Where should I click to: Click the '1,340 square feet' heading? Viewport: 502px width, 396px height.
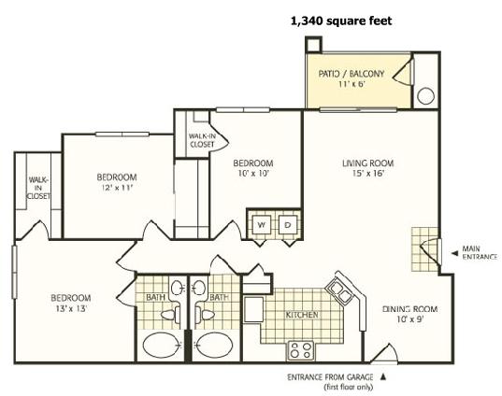(x=341, y=21)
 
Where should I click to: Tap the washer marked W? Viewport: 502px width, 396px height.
(x=262, y=225)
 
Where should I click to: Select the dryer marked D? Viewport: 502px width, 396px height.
(x=288, y=225)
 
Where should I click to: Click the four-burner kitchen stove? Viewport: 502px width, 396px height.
(x=300, y=350)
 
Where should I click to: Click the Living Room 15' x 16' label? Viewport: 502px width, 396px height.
(x=368, y=168)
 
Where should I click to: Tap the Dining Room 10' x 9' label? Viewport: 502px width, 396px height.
(x=409, y=314)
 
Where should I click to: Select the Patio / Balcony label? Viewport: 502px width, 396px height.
(x=351, y=78)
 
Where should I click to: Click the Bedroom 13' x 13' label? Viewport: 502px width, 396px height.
(x=71, y=303)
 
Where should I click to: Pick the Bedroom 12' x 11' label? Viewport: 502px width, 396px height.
(x=117, y=182)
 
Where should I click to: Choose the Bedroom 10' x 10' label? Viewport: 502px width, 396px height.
(x=253, y=168)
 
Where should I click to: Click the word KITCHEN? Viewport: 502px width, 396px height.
(x=302, y=315)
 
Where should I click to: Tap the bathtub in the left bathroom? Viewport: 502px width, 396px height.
(x=161, y=346)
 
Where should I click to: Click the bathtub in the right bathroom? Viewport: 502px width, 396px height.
(x=214, y=346)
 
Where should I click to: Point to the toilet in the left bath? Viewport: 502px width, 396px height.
(x=171, y=314)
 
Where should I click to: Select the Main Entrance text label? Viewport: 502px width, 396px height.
(x=480, y=252)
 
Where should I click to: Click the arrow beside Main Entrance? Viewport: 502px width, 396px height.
(x=454, y=253)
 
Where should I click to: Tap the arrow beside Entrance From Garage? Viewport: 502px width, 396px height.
(x=382, y=376)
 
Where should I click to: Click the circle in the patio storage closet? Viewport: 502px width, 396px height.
(x=426, y=96)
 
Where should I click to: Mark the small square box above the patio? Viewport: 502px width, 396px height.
(x=313, y=44)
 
